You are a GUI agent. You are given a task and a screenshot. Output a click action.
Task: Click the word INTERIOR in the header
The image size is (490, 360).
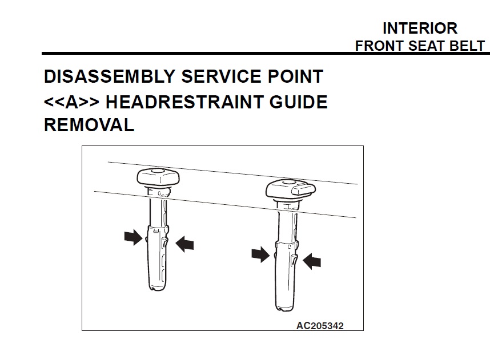pyautogui.click(x=420, y=29)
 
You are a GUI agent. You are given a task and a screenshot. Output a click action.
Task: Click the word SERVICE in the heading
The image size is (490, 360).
pyautogui.click(x=221, y=76)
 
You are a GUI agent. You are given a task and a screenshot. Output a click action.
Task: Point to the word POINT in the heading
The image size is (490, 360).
pyautogui.click(x=295, y=76)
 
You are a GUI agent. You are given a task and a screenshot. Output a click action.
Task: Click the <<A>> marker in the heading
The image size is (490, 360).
pyautogui.click(x=71, y=102)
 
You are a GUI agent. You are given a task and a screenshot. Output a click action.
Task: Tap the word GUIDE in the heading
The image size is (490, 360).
pyautogui.click(x=299, y=102)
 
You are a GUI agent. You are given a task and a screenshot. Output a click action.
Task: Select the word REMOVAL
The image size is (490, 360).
pyautogui.click(x=89, y=125)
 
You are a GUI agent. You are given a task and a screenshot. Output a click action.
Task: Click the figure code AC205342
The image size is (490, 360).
pyautogui.click(x=320, y=326)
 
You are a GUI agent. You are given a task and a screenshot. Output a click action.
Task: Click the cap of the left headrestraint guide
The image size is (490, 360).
pyautogui.click(x=158, y=177)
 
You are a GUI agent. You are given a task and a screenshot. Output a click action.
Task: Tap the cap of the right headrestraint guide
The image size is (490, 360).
pyautogui.click(x=291, y=189)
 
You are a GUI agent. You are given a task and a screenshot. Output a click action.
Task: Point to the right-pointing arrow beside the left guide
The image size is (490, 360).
pyautogui.click(x=134, y=237)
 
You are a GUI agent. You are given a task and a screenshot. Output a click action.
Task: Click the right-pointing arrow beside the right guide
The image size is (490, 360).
pyautogui.click(x=260, y=254)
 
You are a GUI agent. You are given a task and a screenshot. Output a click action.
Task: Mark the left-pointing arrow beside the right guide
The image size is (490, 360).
pyautogui.click(x=312, y=261)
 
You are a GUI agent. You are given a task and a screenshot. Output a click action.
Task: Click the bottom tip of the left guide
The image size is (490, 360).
pyautogui.click(x=157, y=290)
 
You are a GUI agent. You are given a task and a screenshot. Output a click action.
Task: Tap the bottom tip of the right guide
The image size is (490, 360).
pyautogui.click(x=284, y=310)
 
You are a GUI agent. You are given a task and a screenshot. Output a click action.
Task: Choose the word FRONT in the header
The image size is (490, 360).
pyautogui.click(x=380, y=46)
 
